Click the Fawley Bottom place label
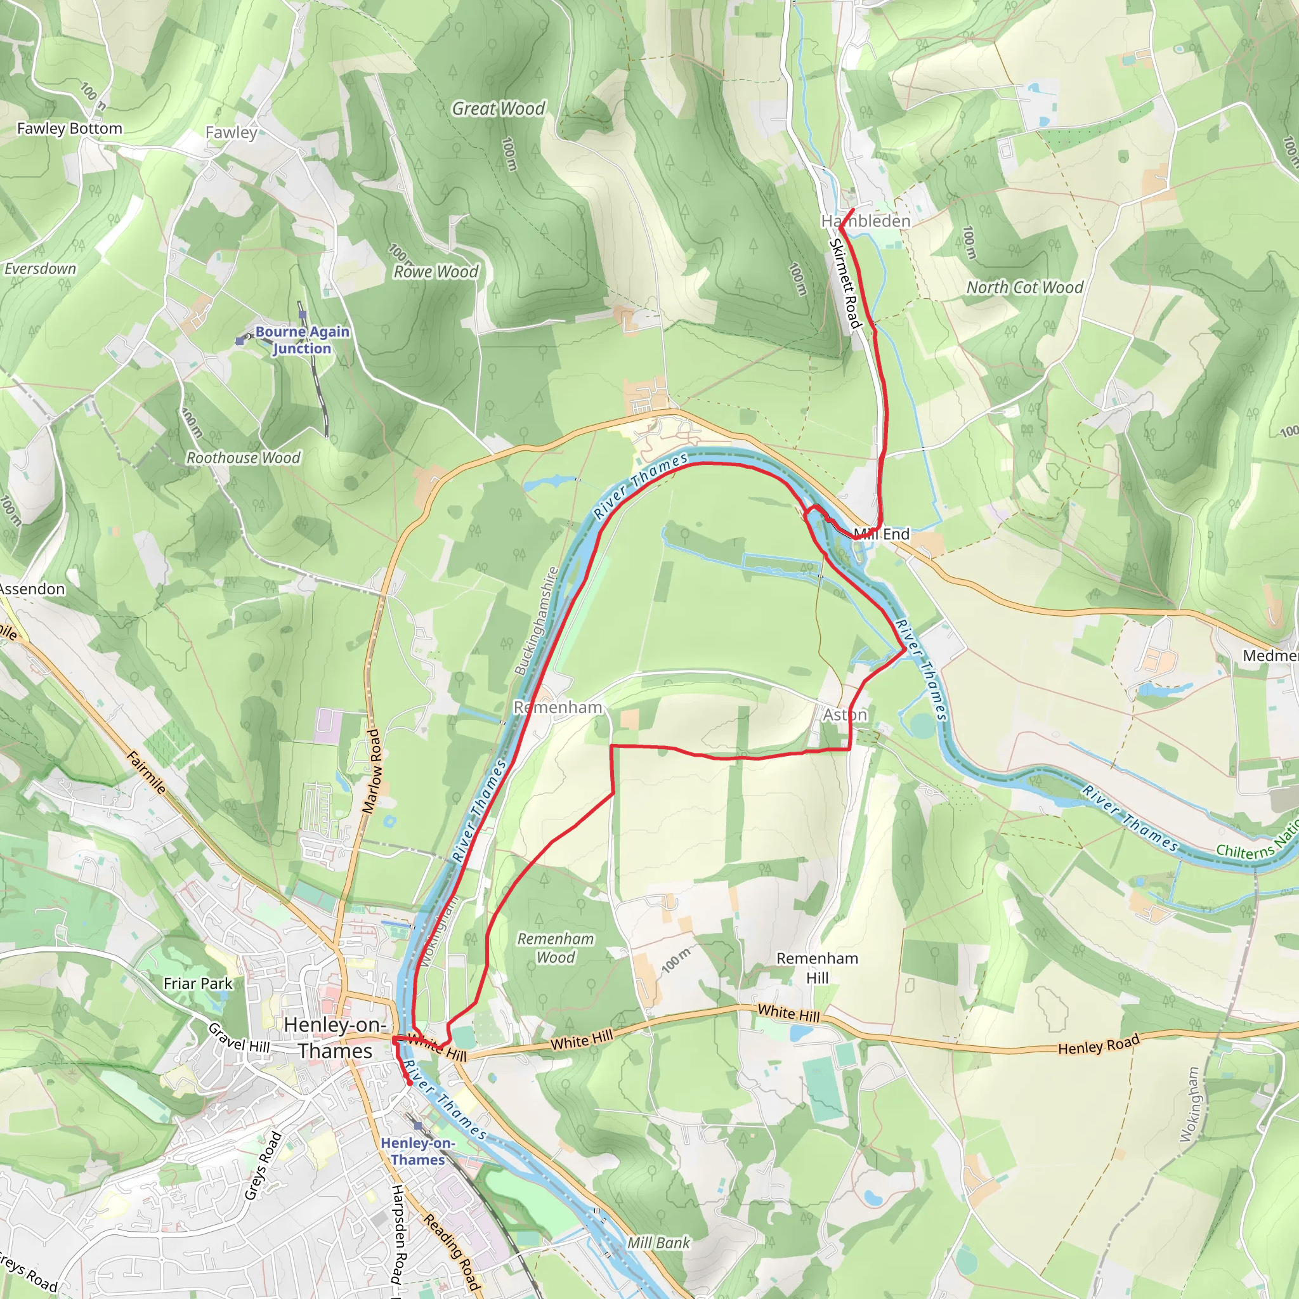(69, 128)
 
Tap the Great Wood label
(498, 108)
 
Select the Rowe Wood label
(436, 271)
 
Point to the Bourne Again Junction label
(302, 339)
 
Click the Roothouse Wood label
(244, 458)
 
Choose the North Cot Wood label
(1025, 288)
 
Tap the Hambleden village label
(866, 221)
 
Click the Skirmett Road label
(846, 284)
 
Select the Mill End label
(882, 534)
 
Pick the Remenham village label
(558, 707)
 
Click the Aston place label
(845, 715)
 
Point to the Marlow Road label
(371, 771)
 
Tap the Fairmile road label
(146, 773)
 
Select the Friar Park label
(198, 984)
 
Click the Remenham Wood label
(556, 948)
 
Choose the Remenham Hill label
(817, 967)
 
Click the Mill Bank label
(658, 1243)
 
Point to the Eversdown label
(41, 269)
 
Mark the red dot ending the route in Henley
(410, 1083)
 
